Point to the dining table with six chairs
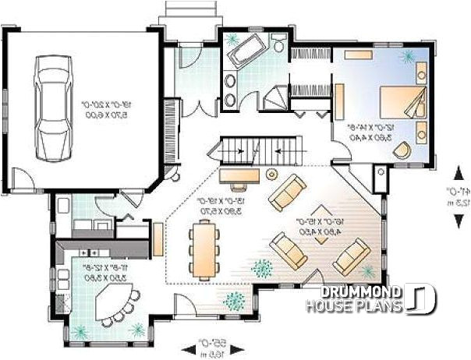(204, 249)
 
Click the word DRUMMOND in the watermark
(359, 292)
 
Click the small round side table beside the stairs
(271, 172)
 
